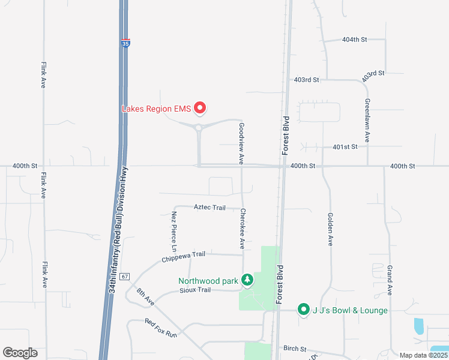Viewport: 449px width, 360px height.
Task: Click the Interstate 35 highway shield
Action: (x=125, y=43)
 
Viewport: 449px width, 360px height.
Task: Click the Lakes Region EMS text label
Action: (x=156, y=109)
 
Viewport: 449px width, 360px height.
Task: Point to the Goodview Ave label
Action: (x=241, y=144)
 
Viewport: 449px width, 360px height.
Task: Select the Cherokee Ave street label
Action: (x=243, y=229)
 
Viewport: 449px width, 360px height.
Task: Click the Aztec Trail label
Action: (x=209, y=207)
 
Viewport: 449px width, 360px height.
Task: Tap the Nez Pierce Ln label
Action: (x=174, y=231)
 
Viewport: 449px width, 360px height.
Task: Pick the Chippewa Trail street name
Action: (x=183, y=257)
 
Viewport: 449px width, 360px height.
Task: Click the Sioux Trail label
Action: (x=195, y=290)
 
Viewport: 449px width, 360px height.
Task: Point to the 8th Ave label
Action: (x=145, y=298)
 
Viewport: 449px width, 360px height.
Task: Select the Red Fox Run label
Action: (x=161, y=328)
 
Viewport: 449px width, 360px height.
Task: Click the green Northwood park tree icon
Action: (x=247, y=280)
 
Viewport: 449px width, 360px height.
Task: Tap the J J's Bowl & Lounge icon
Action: (x=304, y=310)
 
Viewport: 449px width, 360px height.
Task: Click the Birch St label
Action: (x=295, y=349)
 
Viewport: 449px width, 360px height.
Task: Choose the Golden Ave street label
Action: (x=330, y=229)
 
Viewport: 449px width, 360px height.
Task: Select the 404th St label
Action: (x=354, y=40)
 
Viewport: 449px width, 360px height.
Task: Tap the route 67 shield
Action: (x=124, y=277)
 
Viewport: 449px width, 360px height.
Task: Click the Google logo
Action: (x=20, y=353)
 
